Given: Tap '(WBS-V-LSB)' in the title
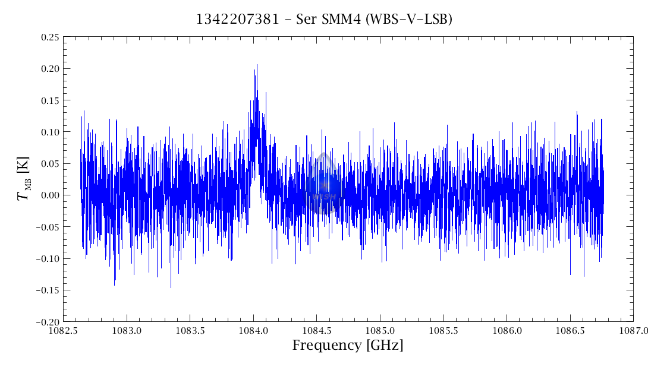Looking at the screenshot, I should (x=410, y=20).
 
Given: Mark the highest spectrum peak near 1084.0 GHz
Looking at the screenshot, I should (x=257, y=65).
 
